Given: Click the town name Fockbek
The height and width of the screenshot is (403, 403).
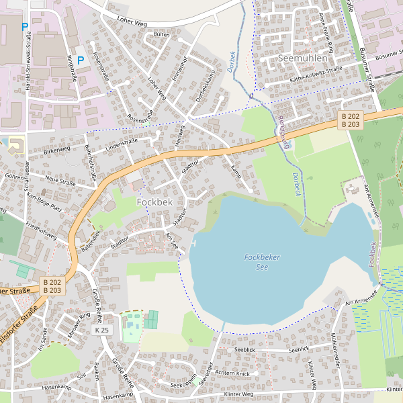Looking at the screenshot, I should click(154, 201).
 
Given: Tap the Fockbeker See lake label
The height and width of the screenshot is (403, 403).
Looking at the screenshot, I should click(262, 262).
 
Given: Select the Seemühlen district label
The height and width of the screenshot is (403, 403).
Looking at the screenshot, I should click(302, 58).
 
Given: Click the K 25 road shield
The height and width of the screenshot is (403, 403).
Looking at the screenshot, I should click(102, 330).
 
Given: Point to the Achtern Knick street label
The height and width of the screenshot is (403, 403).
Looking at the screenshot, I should click(233, 373).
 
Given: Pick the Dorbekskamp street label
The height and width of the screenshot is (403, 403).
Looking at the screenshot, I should click(205, 85).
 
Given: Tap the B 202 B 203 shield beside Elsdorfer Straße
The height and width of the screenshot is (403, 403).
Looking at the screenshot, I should click(52, 286).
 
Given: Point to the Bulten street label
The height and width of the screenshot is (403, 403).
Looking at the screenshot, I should click(161, 34).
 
